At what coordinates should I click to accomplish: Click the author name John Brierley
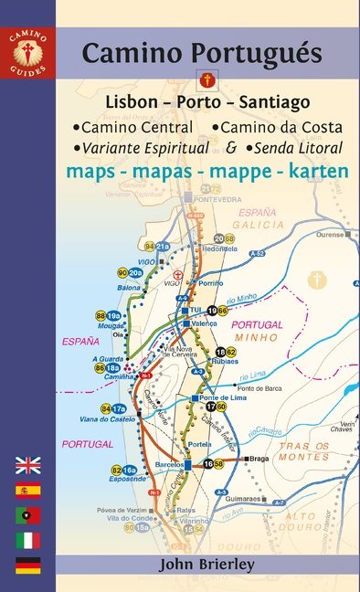[x=206, y=564]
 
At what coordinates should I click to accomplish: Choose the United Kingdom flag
[x=28, y=463]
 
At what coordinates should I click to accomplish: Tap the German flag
[x=28, y=565]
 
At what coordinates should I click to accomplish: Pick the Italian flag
[x=28, y=540]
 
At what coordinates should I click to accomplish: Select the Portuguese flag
[x=28, y=514]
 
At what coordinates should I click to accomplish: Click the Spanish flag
[x=28, y=489]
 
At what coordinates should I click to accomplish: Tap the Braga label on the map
[x=259, y=460]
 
